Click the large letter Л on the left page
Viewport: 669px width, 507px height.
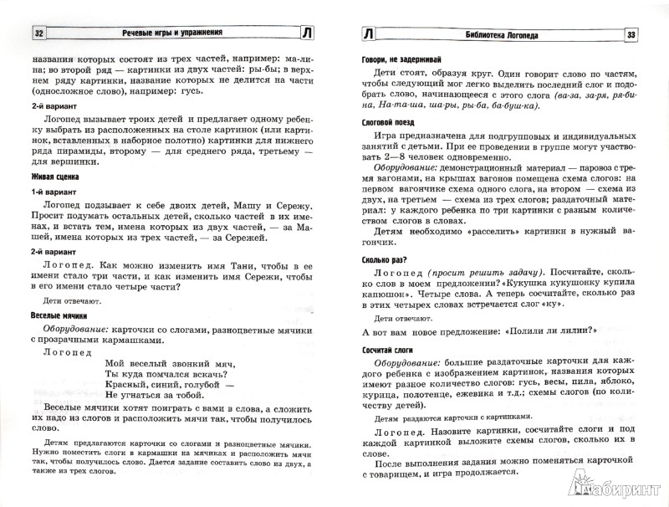(309, 34)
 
